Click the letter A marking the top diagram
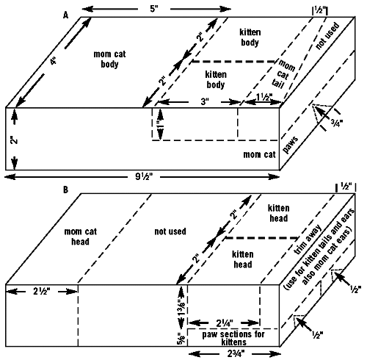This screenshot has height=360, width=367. tap(65, 15)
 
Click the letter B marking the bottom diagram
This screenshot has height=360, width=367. tap(65, 190)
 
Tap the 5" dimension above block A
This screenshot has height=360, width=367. tap(154, 9)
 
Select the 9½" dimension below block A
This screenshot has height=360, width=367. tap(144, 176)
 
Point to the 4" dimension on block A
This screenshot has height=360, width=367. tap(54, 60)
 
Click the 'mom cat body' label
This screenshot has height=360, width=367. tap(109, 59)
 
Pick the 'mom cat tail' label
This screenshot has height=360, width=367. tap(284, 73)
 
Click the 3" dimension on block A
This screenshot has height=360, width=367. tap(205, 101)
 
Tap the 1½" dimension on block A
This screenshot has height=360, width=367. tap(264, 97)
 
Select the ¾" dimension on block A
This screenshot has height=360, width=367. tap(337, 123)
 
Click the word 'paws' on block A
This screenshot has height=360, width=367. tap(291, 145)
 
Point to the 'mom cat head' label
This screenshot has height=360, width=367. tap(80, 237)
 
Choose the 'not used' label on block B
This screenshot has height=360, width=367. tap(170, 231)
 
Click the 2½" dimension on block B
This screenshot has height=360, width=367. tap(42, 291)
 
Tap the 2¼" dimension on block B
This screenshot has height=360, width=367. tap(225, 323)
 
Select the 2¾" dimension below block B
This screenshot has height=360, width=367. tap(236, 353)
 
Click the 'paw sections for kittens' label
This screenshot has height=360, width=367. tap(233, 338)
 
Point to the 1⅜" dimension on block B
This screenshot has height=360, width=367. tap(181, 307)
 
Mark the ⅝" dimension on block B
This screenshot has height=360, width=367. tap(181, 338)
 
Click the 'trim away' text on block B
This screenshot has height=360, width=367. tap(308, 240)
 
